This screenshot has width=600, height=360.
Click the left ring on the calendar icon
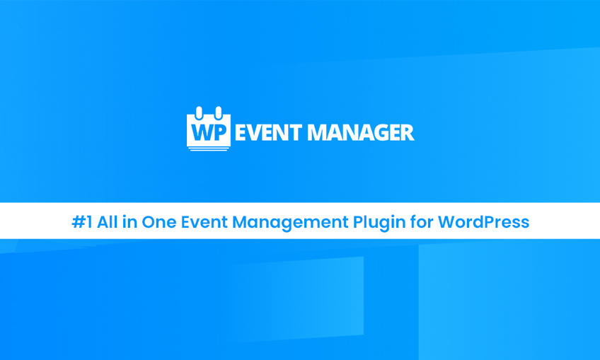click(200, 112)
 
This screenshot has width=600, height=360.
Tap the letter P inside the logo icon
click(219, 132)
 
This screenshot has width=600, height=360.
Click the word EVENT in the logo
click(268, 132)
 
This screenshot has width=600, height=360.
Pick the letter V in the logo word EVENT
click(255, 132)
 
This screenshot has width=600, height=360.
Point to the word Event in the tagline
click(202, 222)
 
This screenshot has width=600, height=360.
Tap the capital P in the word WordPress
click(480, 222)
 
